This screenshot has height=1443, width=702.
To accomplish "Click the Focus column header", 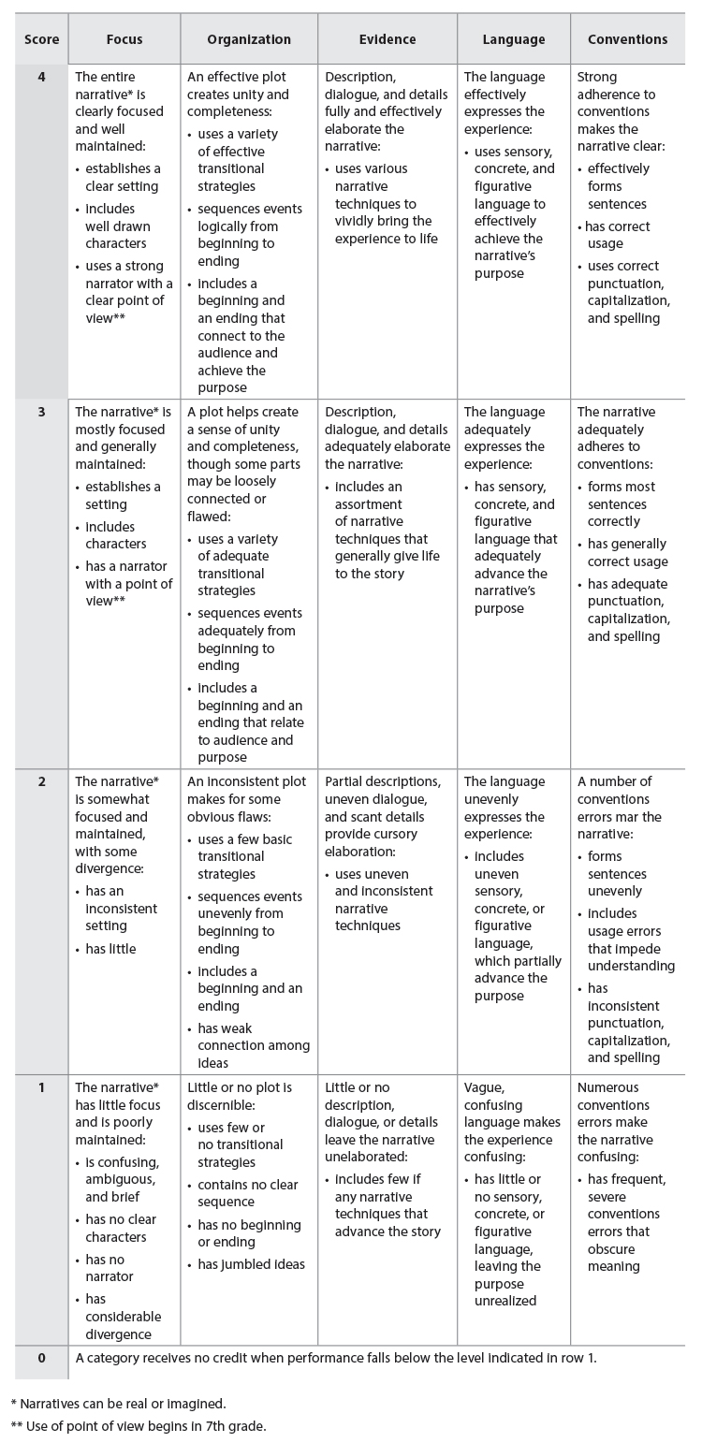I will coord(124,39).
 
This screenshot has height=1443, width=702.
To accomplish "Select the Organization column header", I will coord(248,39).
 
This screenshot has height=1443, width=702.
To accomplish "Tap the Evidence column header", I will coord(388,39).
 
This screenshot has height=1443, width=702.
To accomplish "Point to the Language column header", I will coord(513,39).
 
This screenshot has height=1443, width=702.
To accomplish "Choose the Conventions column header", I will coord(627,39).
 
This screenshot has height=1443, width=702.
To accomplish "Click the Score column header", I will coord(41,39).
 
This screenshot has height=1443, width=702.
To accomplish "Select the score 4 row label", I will coord(41,77).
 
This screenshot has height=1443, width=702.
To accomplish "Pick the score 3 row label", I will coord(41,412).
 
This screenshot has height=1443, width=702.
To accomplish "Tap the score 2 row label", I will coord(41,781).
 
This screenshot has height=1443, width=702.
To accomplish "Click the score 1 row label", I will coord(41,1087).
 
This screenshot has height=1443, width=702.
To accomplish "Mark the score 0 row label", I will coord(41,1358).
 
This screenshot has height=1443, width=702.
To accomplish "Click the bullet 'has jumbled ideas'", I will coord(250,1264).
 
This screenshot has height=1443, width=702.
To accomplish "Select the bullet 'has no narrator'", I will coord(112,1267).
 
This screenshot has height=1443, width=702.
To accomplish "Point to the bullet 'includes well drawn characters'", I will coord(122,226).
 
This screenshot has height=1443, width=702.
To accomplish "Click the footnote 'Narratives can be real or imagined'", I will coord(122,1404).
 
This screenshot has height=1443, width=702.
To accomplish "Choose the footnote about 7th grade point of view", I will coord(140,1426).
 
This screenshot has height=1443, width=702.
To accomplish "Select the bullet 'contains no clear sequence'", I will coord(248,1193).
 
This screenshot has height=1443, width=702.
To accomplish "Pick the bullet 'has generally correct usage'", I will coord(627,552).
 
